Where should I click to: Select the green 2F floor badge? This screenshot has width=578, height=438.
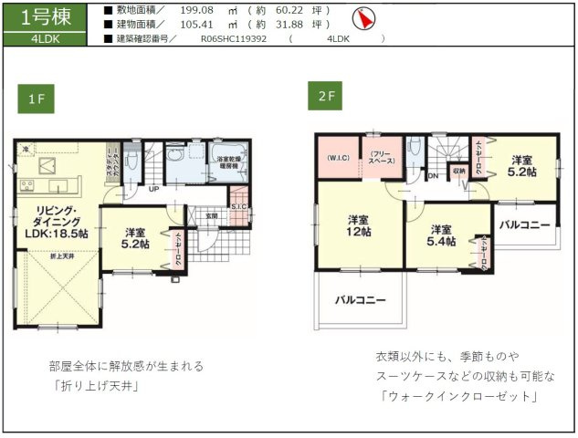(326, 96)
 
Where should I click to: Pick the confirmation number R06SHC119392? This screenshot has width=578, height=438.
(233, 39)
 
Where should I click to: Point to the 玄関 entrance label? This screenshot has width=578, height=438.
(211, 215)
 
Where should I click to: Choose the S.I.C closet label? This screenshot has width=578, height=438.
(238, 207)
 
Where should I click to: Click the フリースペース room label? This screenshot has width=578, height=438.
(382, 157)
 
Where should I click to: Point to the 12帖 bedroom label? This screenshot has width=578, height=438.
(358, 225)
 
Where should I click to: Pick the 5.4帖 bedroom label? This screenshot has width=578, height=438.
(443, 235)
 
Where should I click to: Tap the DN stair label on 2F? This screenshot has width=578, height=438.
(432, 174)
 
